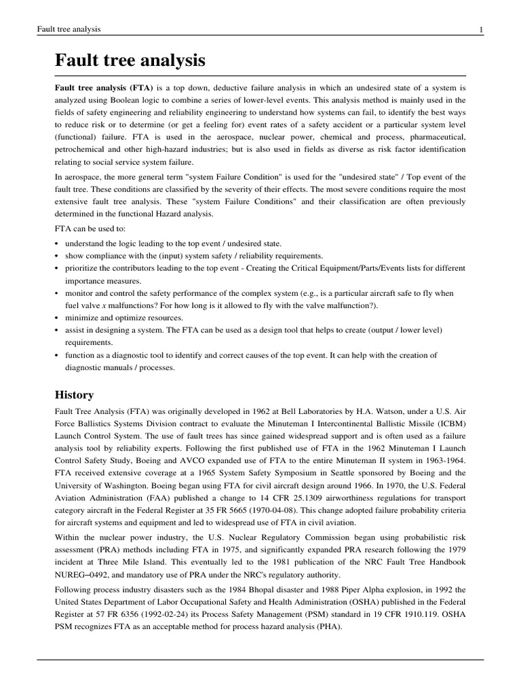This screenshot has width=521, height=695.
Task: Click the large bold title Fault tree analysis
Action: (x=130, y=60)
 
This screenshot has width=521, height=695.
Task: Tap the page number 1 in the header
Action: (x=481, y=29)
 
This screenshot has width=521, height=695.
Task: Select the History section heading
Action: (x=74, y=394)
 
